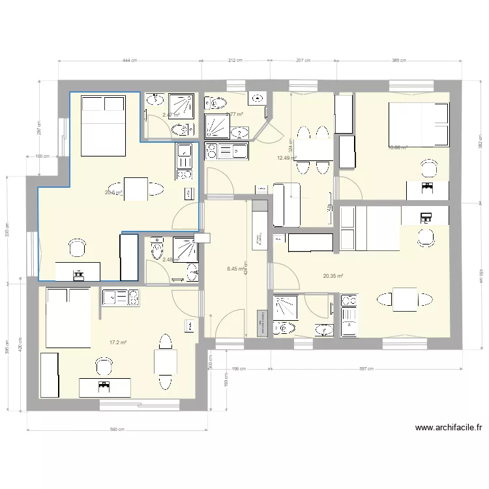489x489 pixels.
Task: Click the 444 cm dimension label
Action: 130,61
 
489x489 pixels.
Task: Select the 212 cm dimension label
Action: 235,61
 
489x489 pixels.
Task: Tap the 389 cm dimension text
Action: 399,61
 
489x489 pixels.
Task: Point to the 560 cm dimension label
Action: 117,430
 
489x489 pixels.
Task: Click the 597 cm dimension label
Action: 367,368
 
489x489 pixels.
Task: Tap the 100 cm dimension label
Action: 42,156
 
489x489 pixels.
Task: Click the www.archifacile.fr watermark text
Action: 448,428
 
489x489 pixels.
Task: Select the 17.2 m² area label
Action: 118,342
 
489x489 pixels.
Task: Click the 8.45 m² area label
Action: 235,268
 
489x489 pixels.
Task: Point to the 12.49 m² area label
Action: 286,158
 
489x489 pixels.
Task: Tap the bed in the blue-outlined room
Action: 103,125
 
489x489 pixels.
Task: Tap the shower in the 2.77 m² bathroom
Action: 218,125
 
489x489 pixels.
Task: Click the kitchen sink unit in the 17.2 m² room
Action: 121,297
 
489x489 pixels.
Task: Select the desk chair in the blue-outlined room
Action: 78,248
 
